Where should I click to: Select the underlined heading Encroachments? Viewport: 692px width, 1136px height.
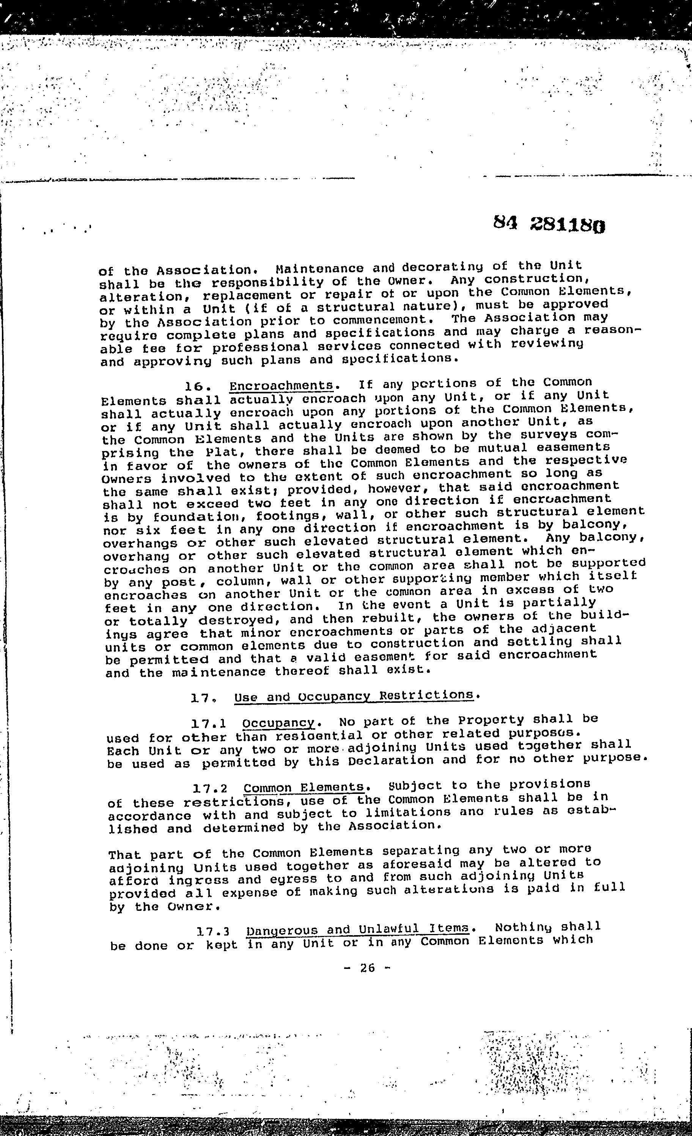point(281,385)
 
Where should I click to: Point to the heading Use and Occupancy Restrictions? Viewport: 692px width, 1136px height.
point(354,695)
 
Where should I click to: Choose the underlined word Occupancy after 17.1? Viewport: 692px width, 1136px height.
point(278,722)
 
